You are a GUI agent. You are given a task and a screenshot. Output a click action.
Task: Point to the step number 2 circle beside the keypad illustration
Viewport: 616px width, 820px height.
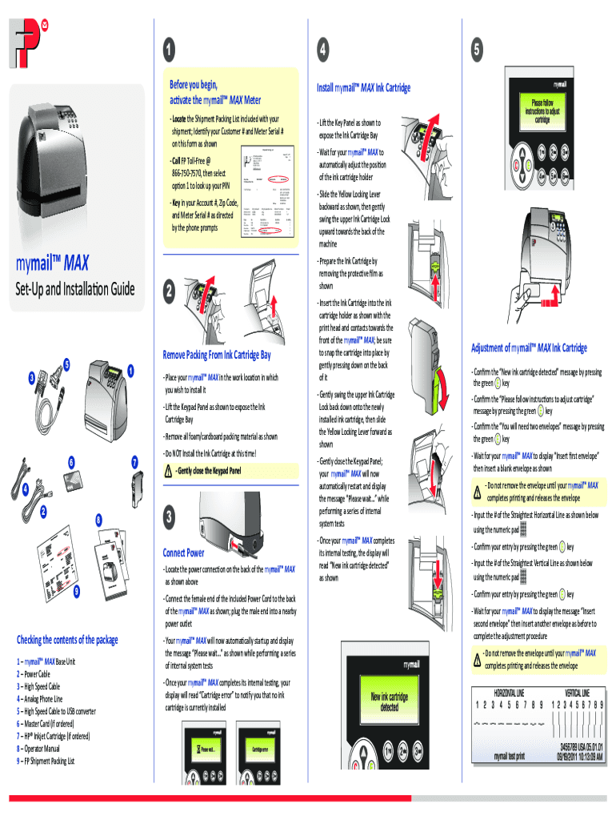click(169, 293)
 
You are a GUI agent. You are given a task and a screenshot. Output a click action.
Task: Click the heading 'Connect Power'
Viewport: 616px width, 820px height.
click(183, 553)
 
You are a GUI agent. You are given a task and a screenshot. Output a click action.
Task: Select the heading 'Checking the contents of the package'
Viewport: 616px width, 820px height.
click(67, 640)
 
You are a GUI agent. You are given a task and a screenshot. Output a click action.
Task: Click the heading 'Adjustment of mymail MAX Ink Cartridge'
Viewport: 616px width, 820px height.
click(529, 348)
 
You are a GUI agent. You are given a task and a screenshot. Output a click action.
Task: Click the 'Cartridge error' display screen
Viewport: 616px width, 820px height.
click(265, 750)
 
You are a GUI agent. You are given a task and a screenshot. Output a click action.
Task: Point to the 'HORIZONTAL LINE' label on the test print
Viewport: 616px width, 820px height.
click(509, 692)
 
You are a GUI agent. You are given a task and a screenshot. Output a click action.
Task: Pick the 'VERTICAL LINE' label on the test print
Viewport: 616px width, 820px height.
click(578, 692)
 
